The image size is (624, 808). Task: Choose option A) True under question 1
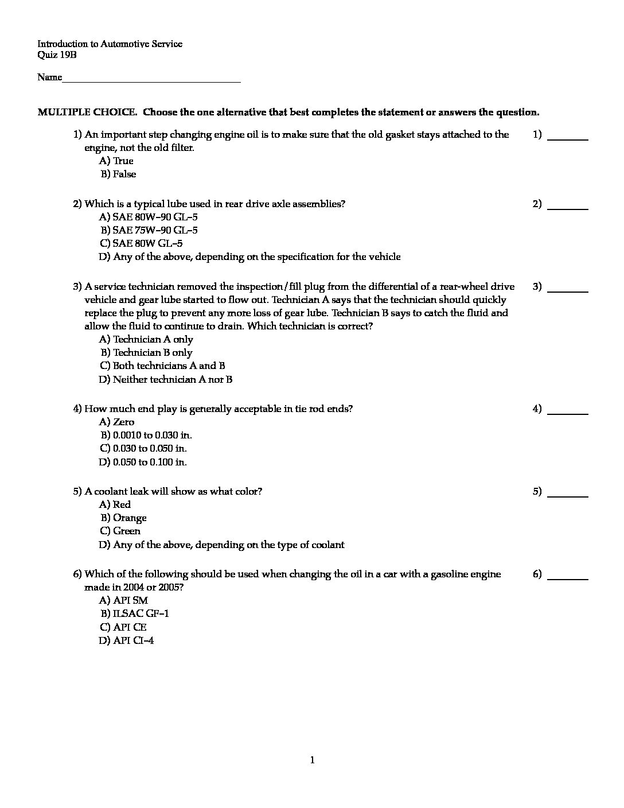tap(116, 161)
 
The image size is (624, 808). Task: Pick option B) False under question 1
tap(118, 174)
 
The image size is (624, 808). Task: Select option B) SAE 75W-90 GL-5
tap(149, 230)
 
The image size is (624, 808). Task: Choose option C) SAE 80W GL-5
tap(141, 243)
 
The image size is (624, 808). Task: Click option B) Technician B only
tap(146, 352)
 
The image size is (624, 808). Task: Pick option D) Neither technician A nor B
tap(166, 379)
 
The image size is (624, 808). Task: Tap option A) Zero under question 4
tap(117, 422)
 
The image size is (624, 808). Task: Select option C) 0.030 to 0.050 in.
tap(143, 448)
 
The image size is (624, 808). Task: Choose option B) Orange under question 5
tap(124, 518)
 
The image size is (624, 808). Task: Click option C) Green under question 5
tap(120, 531)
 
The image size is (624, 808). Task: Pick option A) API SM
tap(123, 600)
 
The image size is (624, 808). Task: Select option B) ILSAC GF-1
tap(135, 613)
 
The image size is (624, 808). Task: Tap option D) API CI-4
tap(126, 640)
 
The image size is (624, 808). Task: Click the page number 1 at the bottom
tap(312, 760)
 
